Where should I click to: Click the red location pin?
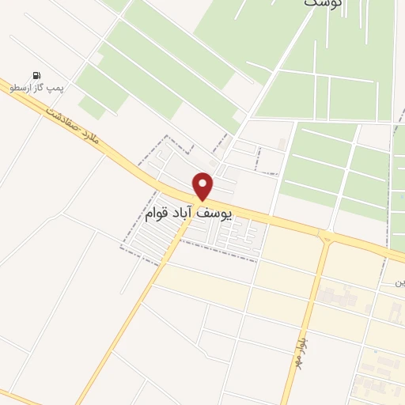point(203,184)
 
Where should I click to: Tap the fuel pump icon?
point(36,75)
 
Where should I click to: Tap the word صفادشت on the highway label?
point(62,120)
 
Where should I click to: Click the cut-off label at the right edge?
point(400,282)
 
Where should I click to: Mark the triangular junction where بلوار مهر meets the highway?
point(325,236)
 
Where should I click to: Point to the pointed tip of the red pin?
point(203,199)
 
